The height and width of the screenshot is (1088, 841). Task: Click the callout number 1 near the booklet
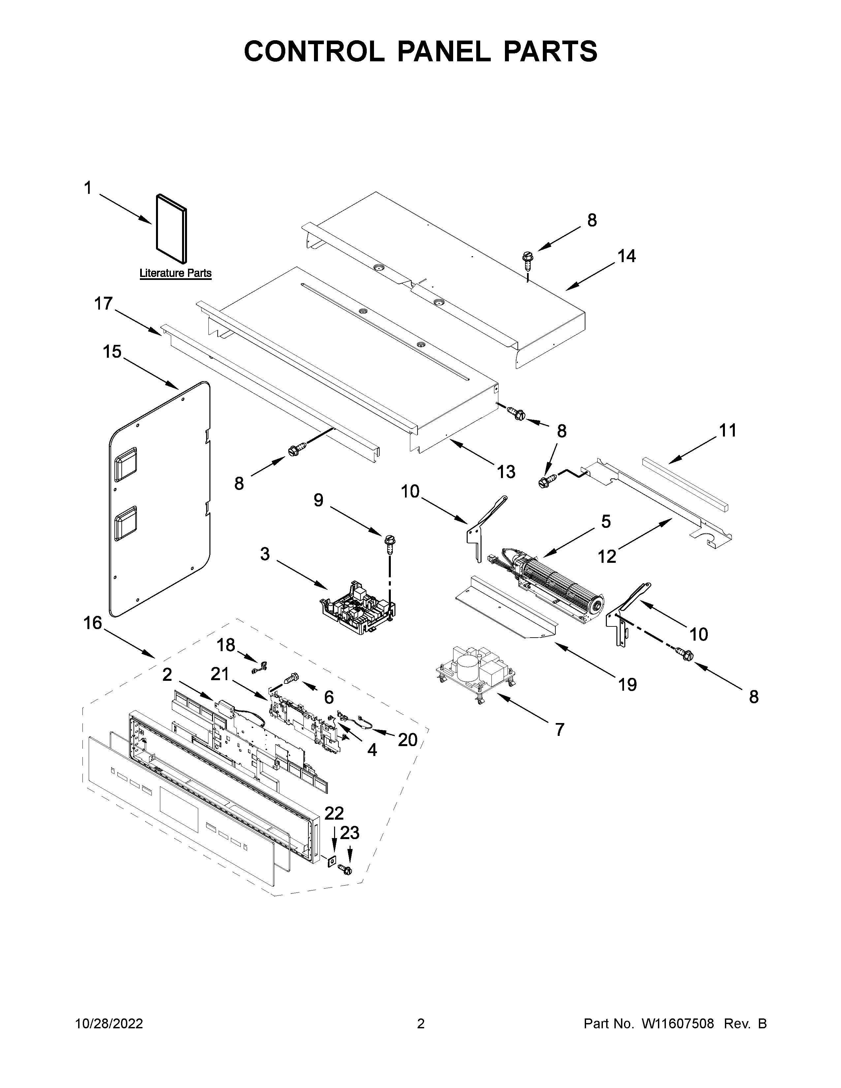(x=88, y=188)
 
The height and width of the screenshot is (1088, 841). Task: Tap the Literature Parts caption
(x=175, y=273)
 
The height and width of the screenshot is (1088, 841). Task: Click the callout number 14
(x=627, y=256)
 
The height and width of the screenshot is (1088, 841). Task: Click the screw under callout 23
(x=345, y=869)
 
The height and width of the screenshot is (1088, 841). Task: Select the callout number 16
(x=93, y=623)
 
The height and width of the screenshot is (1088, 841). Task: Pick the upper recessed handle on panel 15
(x=126, y=464)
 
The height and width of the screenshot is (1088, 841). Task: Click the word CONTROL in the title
(x=314, y=51)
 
